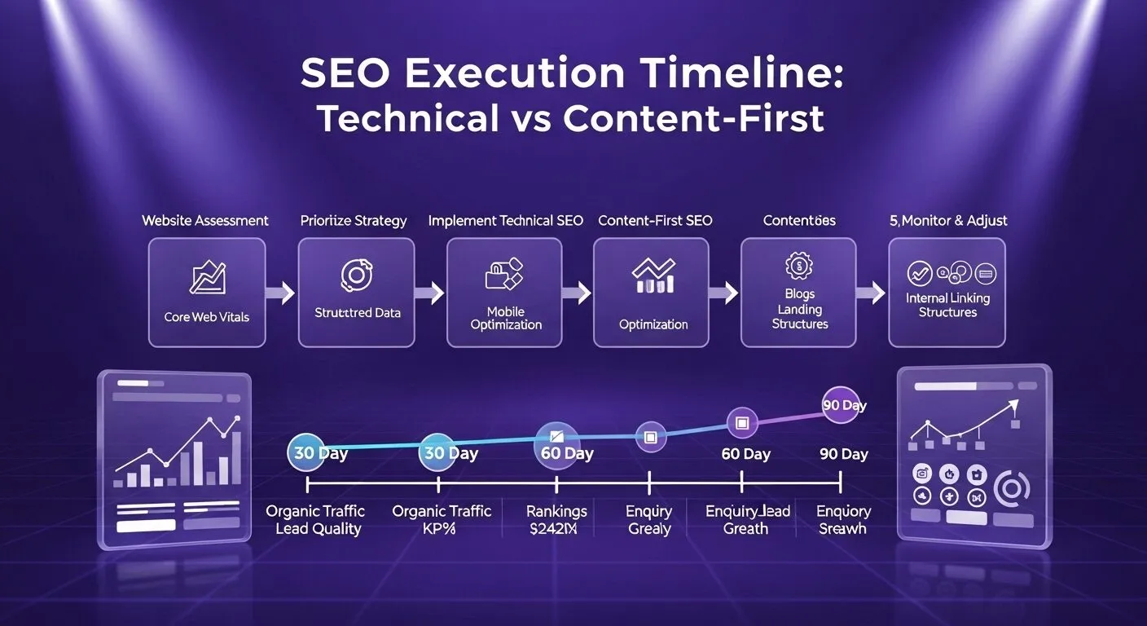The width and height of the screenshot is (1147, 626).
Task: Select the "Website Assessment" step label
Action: tap(205, 220)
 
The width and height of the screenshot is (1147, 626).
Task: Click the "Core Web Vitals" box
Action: tap(207, 293)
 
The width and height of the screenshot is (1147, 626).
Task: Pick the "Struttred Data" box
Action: tap(358, 293)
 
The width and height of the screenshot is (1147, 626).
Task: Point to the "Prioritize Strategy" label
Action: tap(354, 220)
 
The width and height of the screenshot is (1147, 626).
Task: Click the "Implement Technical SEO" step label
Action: tap(505, 220)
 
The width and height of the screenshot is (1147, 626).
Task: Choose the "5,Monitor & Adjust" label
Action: tap(947, 220)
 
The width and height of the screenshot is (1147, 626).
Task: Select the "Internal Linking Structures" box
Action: tap(947, 293)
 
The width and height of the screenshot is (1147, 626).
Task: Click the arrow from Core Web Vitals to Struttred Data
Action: tap(281, 293)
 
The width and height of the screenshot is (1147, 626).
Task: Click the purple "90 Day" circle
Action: tap(842, 405)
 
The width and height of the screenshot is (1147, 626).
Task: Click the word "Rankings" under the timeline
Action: tap(556, 511)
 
